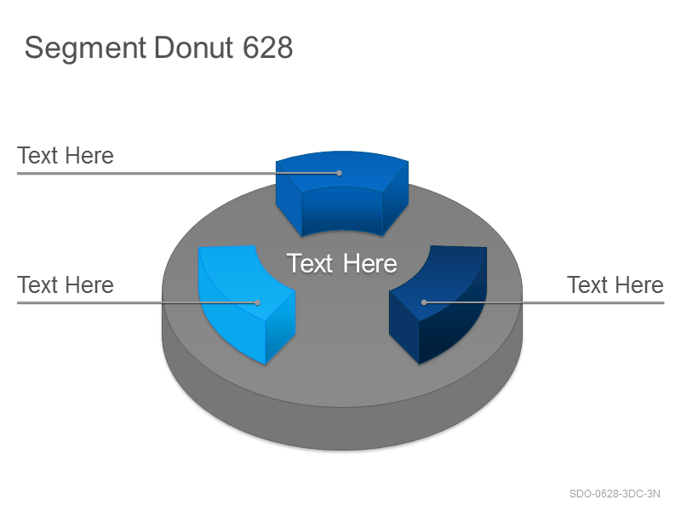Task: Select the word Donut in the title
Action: point(193,48)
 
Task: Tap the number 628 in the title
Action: point(267,48)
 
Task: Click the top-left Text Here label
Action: point(66,156)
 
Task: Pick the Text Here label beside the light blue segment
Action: point(66,285)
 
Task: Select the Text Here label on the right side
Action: point(615,285)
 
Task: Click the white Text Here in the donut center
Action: point(342,263)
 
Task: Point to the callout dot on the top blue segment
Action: point(339,173)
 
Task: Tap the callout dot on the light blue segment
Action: point(257,302)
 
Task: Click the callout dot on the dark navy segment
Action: point(424,302)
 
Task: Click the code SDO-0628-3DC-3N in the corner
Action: point(615,494)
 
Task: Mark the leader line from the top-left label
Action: point(178,173)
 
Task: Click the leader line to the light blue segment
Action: point(137,302)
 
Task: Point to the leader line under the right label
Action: point(544,302)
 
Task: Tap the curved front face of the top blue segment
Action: point(342,210)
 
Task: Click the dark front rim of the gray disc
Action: point(342,428)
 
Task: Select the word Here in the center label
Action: point(370,263)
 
